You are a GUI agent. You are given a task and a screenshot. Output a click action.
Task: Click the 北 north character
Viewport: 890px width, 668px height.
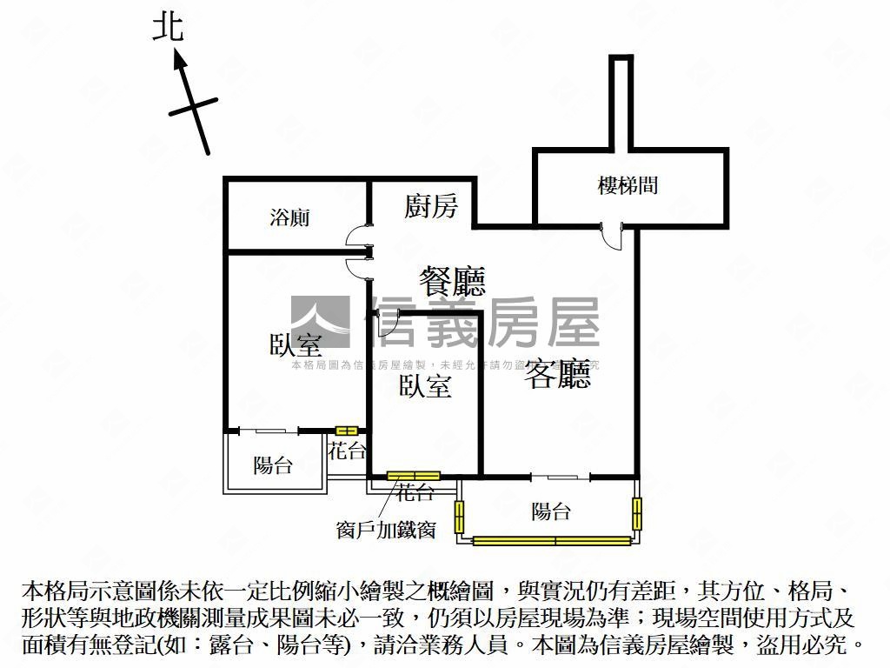point(168,28)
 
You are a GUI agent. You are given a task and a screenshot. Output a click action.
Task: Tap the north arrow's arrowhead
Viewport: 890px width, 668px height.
point(179,60)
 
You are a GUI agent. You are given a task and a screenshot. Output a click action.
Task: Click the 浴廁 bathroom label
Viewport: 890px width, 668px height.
point(289,217)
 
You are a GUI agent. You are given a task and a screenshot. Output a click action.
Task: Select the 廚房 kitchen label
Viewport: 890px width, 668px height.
point(430,206)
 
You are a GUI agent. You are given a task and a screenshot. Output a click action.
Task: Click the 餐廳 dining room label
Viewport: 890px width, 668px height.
point(452,281)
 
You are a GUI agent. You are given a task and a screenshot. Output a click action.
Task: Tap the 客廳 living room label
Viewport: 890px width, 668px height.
point(557,374)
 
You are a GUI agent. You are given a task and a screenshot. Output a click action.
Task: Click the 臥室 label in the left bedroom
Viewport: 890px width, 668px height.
point(296,344)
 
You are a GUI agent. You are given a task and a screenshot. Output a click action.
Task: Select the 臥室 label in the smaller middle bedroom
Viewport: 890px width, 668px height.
point(425,386)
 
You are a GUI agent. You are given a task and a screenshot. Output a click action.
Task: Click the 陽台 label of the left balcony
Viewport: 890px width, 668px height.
point(273,465)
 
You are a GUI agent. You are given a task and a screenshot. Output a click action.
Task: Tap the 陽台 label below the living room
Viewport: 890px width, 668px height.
point(551,511)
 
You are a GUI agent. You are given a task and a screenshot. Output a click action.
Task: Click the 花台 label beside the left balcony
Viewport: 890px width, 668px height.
point(346,451)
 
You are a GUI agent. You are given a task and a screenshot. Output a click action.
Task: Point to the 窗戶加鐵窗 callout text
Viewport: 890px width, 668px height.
point(386,529)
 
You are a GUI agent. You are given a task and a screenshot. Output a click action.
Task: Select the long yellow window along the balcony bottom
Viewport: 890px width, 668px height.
point(552,541)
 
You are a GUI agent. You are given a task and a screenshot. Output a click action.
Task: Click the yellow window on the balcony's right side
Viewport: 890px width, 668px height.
point(636,513)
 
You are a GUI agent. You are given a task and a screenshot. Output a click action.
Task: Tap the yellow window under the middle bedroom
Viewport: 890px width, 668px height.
point(414,476)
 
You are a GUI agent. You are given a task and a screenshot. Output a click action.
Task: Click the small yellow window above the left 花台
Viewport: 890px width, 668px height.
point(347,430)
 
